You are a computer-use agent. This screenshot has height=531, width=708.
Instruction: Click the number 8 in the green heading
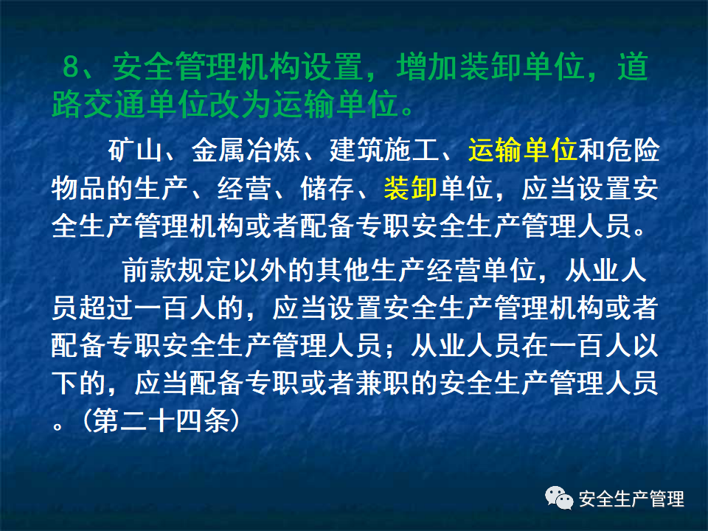coord(71,69)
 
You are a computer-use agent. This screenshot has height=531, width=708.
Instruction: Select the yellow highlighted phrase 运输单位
coord(522,151)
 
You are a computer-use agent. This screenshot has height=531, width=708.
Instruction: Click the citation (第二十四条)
coord(162,420)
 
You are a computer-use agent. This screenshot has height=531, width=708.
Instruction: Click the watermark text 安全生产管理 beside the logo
coord(632,499)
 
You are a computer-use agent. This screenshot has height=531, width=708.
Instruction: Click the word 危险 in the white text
coord(633,151)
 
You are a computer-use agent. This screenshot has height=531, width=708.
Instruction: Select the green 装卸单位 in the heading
coord(520,69)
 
